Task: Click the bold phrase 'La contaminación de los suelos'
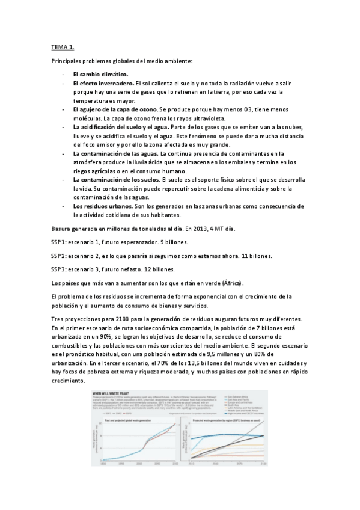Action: pos(115,180)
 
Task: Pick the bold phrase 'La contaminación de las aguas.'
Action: pos(115,153)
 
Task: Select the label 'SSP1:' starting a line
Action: pos(59,242)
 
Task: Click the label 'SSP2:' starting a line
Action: pos(59,256)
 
